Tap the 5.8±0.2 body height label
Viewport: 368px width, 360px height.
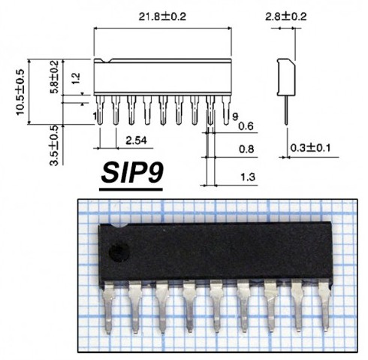(x=53, y=76)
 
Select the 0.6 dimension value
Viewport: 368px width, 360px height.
(x=246, y=126)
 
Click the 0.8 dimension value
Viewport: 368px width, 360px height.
(x=246, y=149)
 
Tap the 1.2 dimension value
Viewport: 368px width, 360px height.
(x=74, y=77)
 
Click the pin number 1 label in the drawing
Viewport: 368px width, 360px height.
(x=95, y=116)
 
